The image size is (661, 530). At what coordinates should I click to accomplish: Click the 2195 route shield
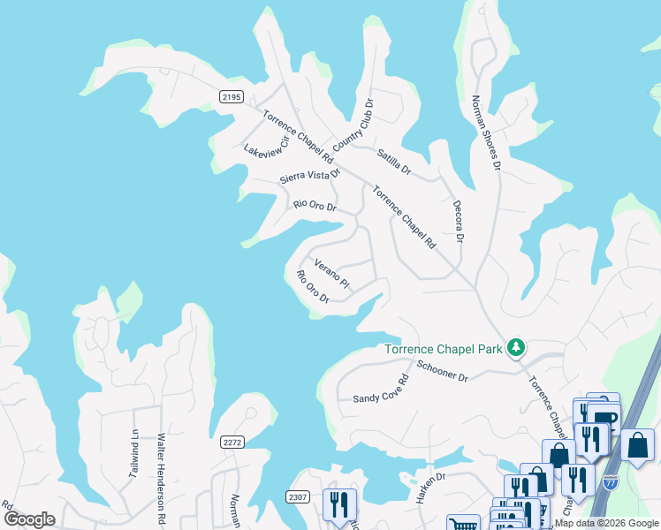[232, 96]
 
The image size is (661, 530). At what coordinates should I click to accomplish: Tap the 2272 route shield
[232, 443]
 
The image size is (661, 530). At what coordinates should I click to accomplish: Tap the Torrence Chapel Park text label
[444, 349]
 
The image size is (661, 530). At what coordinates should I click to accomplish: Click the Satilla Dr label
[393, 161]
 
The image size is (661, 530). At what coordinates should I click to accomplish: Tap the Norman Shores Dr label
[486, 133]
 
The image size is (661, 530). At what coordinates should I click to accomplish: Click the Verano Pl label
[332, 275]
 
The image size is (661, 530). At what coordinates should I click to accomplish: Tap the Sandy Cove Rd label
[381, 390]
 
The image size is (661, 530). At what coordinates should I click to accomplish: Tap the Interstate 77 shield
[611, 482]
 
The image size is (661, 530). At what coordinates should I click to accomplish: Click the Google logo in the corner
[28, 519]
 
